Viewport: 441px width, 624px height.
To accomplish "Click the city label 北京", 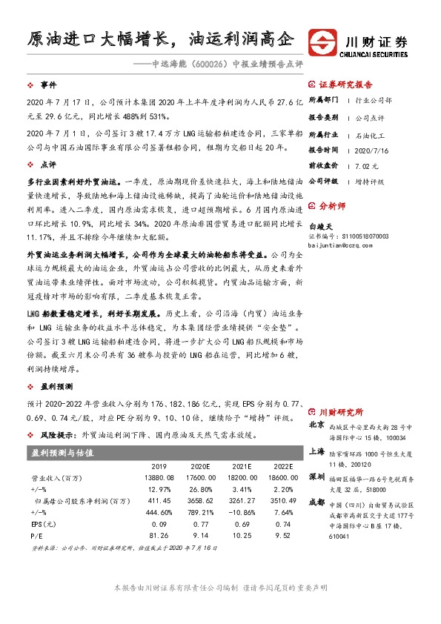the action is tap(316, 425).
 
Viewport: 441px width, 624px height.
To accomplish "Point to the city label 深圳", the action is tap(316, 475).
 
